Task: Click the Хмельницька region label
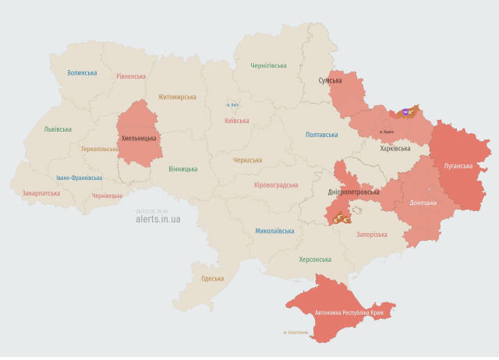pos(139,139)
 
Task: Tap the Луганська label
pos(458,166)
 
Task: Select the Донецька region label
pos(423,203)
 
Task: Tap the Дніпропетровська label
pos(353,192)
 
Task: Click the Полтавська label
pos(321,135)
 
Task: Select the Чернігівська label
pos(268,66)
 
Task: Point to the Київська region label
pos(236,121)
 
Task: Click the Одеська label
pos(212,278)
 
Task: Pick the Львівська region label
pos(58,129)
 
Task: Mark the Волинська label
pos(82,72)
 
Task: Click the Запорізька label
pos(371,235)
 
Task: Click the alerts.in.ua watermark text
pos(158,220)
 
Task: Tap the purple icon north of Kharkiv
pos(404,111)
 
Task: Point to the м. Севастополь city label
pos(296,333)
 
